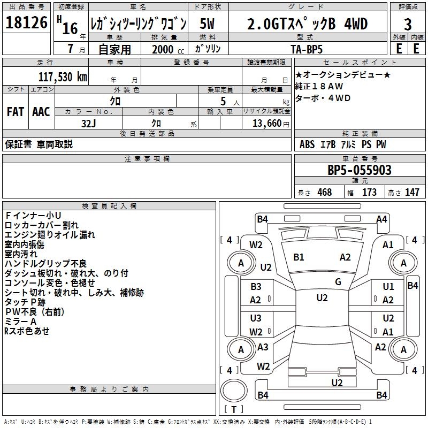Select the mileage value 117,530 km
tap(63, 77)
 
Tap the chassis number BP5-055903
tap(360, 170)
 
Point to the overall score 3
tap(408, 25)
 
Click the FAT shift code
tap(16, 112)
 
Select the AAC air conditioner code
tap(41, 112)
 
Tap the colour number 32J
tap(88, 123)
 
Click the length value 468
tap(324, 193)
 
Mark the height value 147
tap(412, 193)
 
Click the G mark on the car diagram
tap(338, 282)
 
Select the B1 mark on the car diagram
tap(299, 257)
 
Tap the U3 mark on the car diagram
tap(256, 318)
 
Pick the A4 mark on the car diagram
tap(381, 219)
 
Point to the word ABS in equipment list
tap(307, 144)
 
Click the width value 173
tap(369, 193)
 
